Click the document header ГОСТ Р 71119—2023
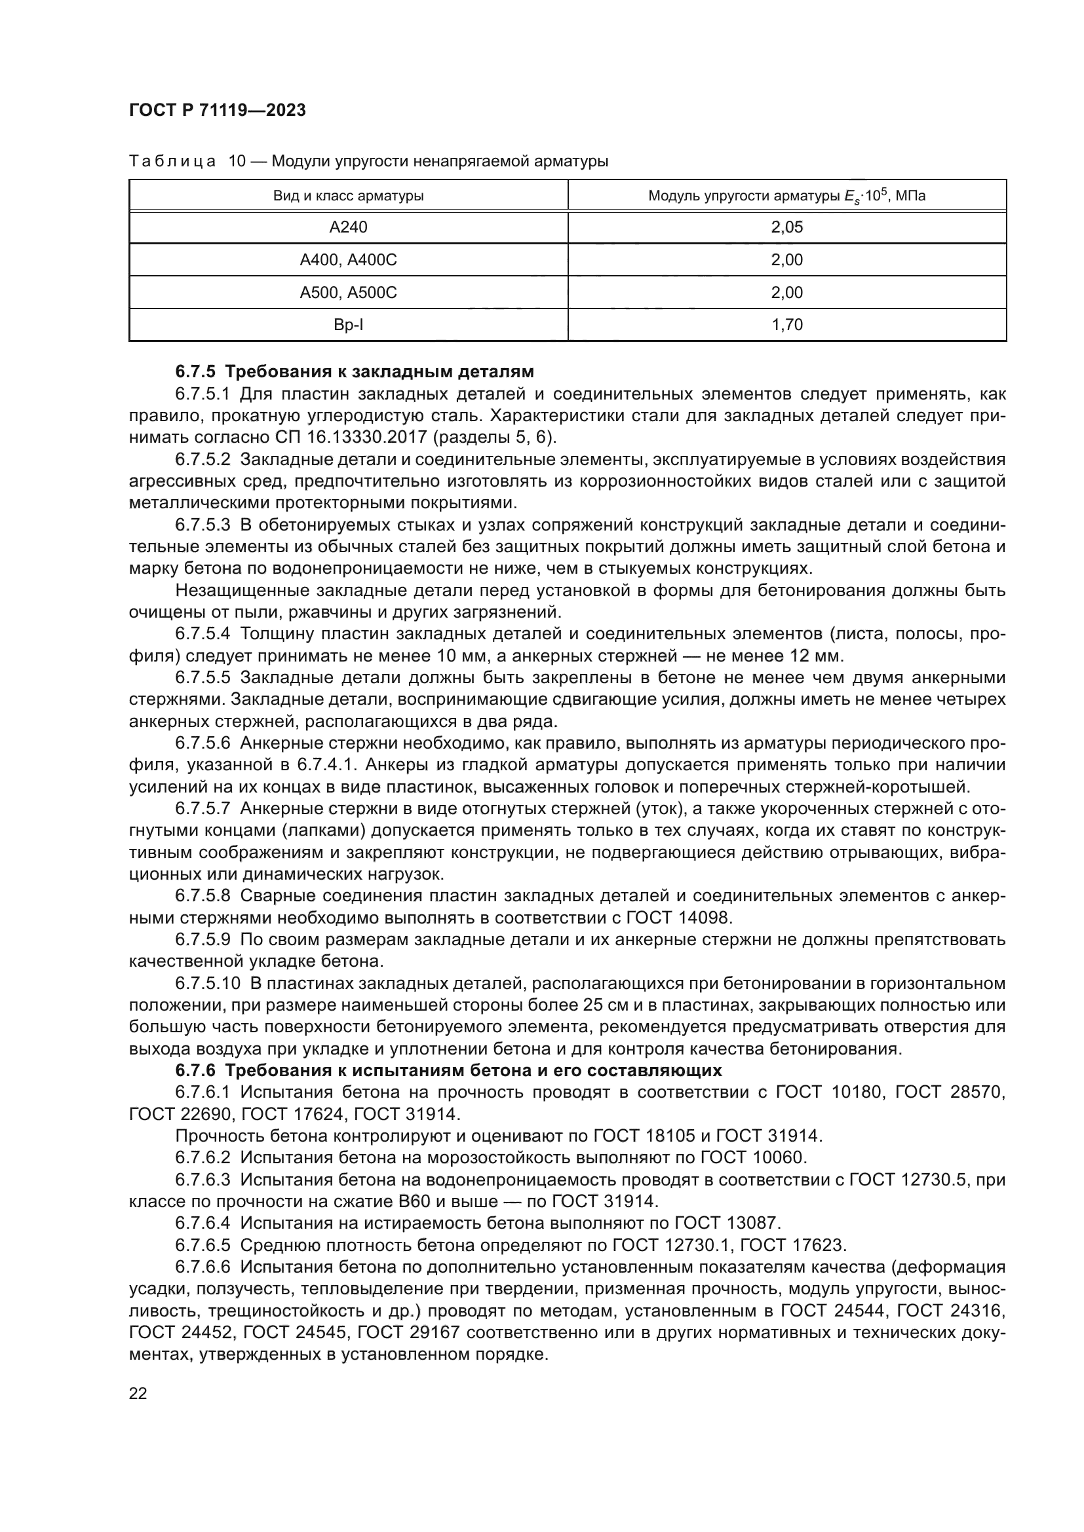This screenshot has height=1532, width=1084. click(x=217, y=110)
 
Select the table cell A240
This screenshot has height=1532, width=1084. click(x=348, y=227)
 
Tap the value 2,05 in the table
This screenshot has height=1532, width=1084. click(x=786, y=227)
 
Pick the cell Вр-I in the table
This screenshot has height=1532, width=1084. click(x=348, y=325)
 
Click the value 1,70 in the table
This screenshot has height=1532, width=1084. click(x=786, y=325)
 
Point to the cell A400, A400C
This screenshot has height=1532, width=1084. click(x=348, y=260)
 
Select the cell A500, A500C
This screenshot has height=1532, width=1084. click(x=348, y=293)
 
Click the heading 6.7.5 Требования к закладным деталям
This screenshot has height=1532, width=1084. click(x=355, y=371)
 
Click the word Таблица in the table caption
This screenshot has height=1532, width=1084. click(x=172, y=162)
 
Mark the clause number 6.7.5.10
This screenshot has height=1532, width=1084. click(x=207, y=984)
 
